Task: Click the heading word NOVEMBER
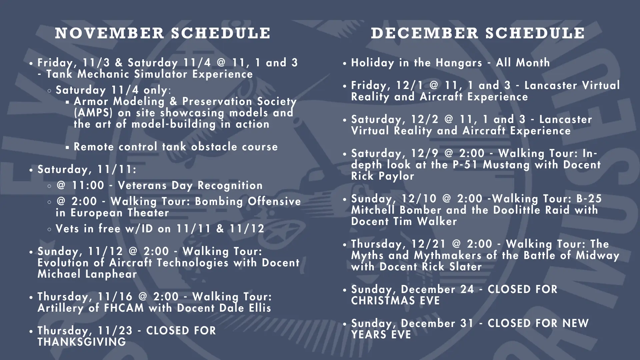110,33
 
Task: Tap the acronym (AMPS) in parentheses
93,113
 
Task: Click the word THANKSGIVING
82,342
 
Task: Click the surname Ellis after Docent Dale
260,308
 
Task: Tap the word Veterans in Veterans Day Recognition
142,185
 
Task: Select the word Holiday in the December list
372,63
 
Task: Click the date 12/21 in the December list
428,244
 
